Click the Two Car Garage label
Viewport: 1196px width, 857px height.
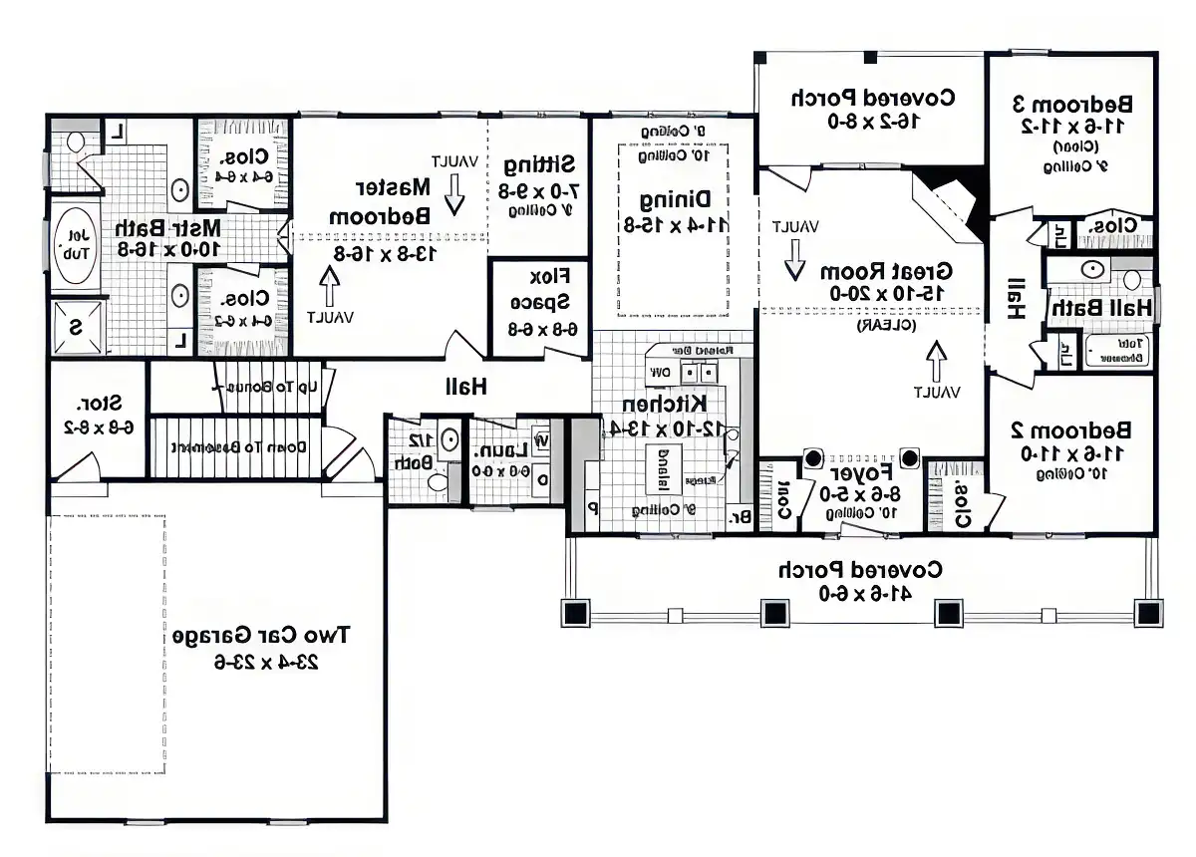pyautogui.click(x=262, y=635)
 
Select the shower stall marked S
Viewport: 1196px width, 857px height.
pyautogui.click(x=76, y=326)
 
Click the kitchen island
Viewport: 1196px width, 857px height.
pyautogui.click(x=662, y=468)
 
